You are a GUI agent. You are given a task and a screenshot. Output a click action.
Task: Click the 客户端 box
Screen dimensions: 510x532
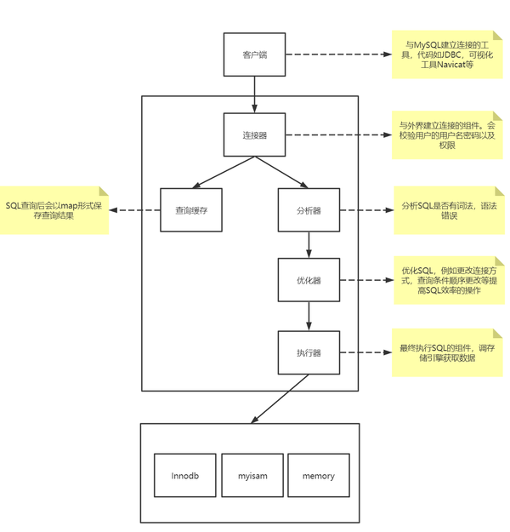pos(254,54)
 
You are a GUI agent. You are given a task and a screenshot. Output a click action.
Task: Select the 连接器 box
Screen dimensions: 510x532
pos(254,134)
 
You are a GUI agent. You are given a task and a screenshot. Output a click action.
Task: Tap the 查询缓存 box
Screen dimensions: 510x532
pos(191,210)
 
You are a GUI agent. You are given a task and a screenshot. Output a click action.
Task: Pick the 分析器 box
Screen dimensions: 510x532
pos(309,210)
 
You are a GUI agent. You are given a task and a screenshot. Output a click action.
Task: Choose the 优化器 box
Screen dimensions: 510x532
pos(309,280)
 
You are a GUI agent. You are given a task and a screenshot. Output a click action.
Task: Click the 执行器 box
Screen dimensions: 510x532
pos(309,352)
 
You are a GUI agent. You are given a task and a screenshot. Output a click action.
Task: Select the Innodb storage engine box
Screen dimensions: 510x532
pos(185,475)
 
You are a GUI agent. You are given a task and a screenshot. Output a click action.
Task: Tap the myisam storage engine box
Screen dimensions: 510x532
pos(252,475)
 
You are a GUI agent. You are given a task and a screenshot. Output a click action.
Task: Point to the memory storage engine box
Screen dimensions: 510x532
pos(319,475)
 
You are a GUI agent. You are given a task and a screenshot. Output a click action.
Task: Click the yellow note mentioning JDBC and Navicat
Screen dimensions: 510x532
pos(447,54)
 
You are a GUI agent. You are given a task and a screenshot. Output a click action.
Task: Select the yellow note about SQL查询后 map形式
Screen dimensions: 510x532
pos(54,210)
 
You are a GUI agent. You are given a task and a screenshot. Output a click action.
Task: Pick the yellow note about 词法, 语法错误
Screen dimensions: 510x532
pos(450,210)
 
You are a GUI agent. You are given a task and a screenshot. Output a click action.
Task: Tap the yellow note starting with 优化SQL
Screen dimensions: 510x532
pos(450,280)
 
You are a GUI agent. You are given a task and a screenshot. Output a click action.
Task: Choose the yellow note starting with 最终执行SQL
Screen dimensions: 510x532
pos(447,352)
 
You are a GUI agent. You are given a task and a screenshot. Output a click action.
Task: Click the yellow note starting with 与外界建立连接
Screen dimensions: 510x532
pos(447,135)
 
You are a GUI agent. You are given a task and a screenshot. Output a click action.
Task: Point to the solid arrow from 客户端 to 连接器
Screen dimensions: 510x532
pos(254,94)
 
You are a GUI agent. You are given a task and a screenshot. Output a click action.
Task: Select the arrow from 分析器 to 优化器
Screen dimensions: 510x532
pos(309,245)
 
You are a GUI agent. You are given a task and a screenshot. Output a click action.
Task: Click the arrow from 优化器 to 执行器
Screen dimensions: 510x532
pos(309,316)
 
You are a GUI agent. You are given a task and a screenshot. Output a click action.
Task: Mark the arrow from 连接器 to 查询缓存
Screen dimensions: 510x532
pos(224,172)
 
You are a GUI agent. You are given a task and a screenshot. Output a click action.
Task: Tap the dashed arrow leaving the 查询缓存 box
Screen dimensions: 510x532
pos(135,210)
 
